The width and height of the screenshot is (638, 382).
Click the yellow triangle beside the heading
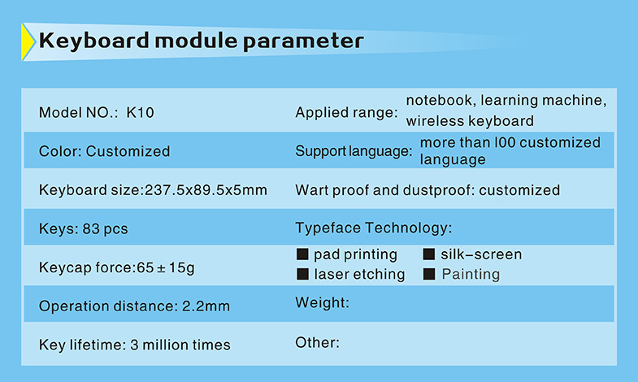pos(28,42)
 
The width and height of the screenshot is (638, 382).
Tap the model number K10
pos(140,113)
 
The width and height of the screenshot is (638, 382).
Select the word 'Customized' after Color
pos(128,151)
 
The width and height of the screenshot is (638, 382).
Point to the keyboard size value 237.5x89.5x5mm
pos(206,190)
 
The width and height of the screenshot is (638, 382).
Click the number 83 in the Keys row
pos(91,228)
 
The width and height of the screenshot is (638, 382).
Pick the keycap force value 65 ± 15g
pos(166,267)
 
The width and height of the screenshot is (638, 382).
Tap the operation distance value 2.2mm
pos(206,306)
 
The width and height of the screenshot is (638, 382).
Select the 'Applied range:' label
pos(346,112)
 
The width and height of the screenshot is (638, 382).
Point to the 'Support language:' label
pos(354,151)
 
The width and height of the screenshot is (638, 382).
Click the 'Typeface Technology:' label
pos(374,228)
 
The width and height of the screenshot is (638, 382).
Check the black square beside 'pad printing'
pos(302,254)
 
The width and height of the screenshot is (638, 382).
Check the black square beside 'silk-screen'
pos(429,254)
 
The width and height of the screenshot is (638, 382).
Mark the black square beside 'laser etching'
pos(302,274)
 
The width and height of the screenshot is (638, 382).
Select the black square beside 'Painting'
pos(429,274)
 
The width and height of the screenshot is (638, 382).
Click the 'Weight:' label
pos(323,302)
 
